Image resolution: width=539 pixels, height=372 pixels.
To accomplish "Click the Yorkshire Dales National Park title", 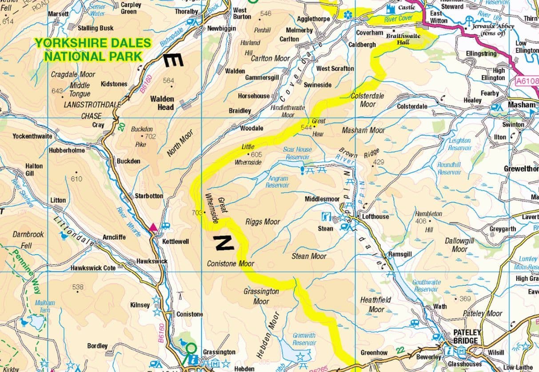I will (x=93, y=49).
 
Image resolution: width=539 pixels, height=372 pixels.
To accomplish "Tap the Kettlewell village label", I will (x=176, y=241).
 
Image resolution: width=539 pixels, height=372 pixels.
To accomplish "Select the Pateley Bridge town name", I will (x=465, y=336).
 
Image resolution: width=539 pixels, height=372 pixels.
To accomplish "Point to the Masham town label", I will (x=522, y=104).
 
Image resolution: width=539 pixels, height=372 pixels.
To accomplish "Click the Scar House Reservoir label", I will (x=297, y=153).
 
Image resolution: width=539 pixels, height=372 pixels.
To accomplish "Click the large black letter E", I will (x=173, y=60).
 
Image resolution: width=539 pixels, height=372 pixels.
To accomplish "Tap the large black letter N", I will (x=224, y=243).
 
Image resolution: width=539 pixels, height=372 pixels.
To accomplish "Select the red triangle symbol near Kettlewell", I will (x=153, y=228).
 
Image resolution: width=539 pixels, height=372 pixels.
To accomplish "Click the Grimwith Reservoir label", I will (x=304, y=339).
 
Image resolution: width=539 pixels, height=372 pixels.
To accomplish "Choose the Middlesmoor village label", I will (x=322, y=199).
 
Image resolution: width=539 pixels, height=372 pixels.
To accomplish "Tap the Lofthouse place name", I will (x=375, y=216).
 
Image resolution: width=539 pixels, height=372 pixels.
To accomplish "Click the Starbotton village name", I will (x=149, y=196).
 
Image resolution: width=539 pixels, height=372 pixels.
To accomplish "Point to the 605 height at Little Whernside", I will (x=256, y=155).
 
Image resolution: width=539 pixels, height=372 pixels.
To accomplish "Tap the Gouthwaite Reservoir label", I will (x=427, y=285).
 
